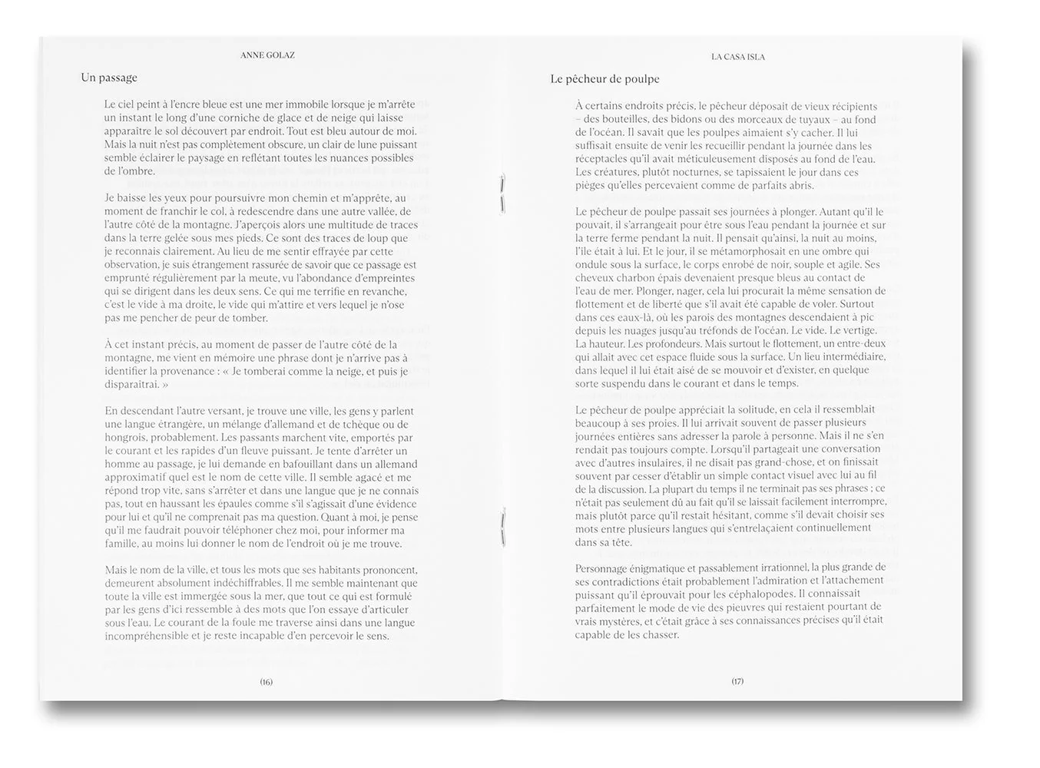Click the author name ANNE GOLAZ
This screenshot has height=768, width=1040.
click(267, 55)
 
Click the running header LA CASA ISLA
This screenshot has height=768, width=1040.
click(737, 56)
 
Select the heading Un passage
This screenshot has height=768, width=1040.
click(109, 78)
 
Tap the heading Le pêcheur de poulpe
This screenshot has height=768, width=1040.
click(604, 78)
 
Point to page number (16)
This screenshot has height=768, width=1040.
click(267, 681)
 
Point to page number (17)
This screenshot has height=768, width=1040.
click(737, 681)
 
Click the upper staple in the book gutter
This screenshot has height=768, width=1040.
click(502, 192)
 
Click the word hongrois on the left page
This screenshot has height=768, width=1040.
click(125, 438)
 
